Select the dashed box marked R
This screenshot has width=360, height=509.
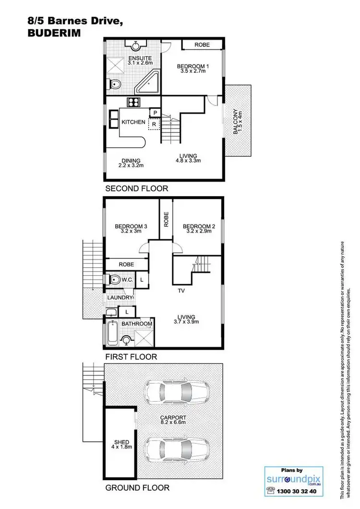point(154,124)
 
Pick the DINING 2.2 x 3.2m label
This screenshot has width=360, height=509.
point(131,163)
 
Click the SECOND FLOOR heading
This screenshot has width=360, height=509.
point(136,189)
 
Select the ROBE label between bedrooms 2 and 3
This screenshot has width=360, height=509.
point(166,219)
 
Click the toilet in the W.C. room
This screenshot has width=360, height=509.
point(115,279)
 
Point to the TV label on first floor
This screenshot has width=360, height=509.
point(181,291)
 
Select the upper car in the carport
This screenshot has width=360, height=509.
point(178,392)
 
